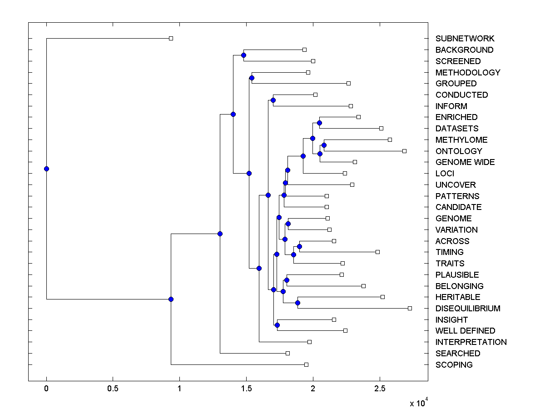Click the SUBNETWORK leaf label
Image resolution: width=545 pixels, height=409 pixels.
[465, 39]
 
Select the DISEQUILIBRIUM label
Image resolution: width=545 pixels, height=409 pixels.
[468, 308]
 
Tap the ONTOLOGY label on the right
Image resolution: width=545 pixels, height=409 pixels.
[459, 151]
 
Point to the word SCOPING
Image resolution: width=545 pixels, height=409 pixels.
[454, 364]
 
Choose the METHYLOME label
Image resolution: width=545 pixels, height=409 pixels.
[461, 140]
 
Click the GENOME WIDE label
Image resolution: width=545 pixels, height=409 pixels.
[465, 162]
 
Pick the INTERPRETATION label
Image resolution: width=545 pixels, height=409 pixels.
[471, 342]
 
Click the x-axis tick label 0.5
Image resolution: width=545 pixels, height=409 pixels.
[113, 389]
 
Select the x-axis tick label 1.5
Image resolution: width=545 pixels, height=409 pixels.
[246, 389]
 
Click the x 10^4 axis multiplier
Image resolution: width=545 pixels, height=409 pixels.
[419, 403]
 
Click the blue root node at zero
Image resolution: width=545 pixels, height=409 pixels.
[46, 169]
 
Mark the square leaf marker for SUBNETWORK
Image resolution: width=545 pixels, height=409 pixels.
[171, 39]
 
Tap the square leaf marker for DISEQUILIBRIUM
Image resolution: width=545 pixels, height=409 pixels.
[410, 308]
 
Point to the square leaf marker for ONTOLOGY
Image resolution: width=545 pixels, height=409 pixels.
[404, 151]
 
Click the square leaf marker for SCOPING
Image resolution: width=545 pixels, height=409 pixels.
[306, 364]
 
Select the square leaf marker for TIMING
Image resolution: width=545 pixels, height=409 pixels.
[377, 252]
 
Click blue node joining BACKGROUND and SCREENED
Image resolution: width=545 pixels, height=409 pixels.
[243, 55]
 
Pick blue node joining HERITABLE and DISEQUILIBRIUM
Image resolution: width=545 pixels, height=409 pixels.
[297, 303]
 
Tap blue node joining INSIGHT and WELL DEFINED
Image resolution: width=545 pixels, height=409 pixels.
[277, 325]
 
